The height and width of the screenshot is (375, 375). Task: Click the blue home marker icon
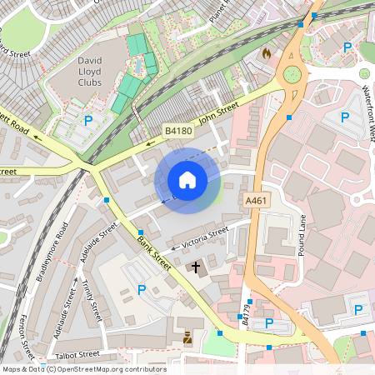point(187,179)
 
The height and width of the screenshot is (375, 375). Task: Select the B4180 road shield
point(177,131)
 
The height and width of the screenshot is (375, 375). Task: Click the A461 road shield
point(256,201)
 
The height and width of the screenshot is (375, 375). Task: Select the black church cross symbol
point(197,267)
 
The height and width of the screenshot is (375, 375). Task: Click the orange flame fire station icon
point(266,53)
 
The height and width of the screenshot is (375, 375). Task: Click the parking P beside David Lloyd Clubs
point(88,121)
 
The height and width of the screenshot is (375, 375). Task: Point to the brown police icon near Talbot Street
point(187,337)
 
